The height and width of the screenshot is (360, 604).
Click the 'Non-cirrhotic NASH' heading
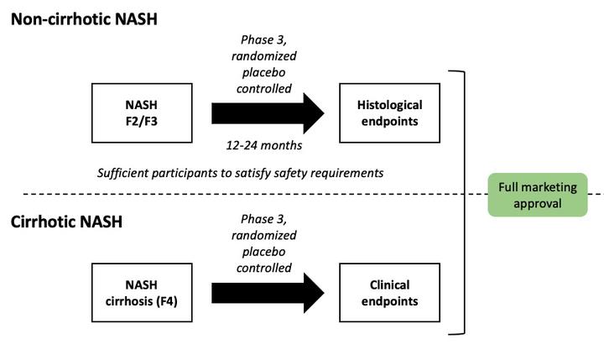(84, 19)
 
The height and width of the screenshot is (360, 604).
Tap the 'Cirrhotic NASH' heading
(66, 222)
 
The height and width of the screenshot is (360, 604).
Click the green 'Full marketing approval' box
(538, 195)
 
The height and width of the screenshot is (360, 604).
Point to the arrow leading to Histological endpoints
(268, 113)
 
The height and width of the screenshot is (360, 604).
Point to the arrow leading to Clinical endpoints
(268, 293)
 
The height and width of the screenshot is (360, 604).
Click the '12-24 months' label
(264, 145)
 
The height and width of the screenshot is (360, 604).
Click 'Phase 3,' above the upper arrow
(264, 39)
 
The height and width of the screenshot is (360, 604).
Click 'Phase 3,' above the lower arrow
(264, 219)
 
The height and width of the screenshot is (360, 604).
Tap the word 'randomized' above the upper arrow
(264, 56)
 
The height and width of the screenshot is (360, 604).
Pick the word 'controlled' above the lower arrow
(264, 268)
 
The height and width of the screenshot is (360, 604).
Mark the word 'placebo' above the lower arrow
(264, 252)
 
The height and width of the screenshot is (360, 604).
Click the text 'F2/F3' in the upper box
(142, 122)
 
